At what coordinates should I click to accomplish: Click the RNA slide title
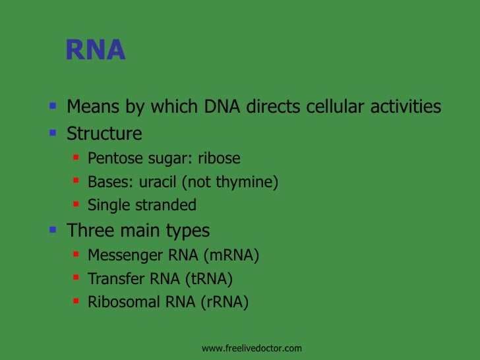pos(95,51)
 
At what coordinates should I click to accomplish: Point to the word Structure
pos(104,134)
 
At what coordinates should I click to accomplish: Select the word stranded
pos(165,205)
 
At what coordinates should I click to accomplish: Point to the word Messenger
pos(123,255)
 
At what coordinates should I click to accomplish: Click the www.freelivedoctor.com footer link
pos(251,348)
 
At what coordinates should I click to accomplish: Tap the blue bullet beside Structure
pos(53,133)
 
